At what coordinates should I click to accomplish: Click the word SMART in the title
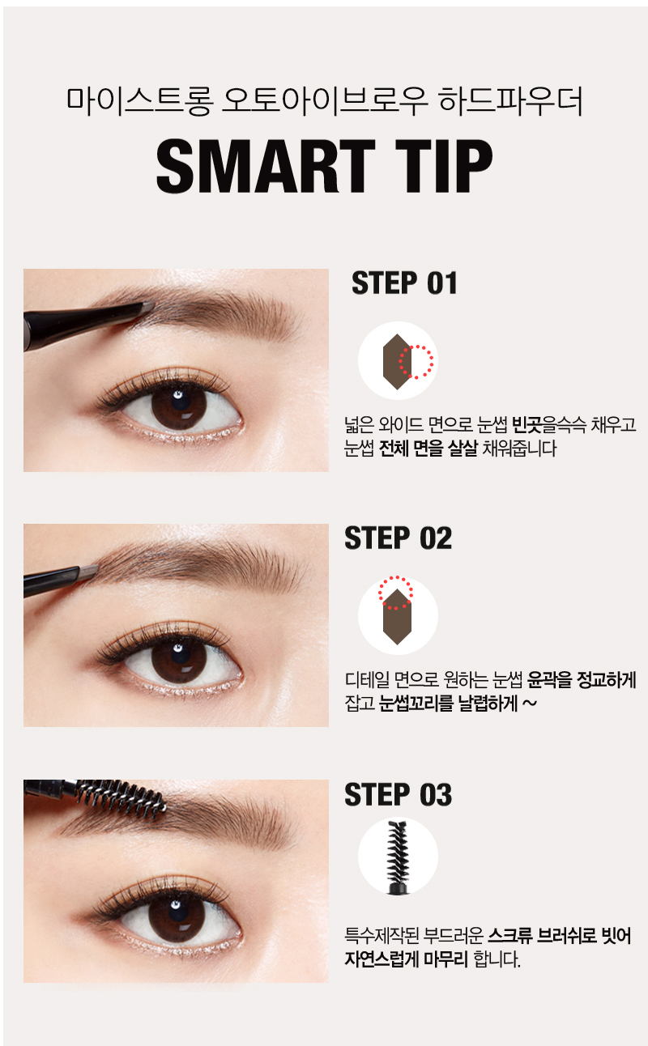(266, 166)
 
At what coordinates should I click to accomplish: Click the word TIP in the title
(444, 166)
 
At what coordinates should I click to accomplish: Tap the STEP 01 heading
(404, 283)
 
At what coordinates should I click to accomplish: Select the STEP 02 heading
(398, 538)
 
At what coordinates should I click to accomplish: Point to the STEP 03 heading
(398, 794)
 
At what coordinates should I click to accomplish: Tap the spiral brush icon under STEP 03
(397, 857)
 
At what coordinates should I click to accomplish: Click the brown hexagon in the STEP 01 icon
(397, 361)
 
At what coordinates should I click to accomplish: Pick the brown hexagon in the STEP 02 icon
(397, 616)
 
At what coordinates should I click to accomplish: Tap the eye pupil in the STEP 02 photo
(179, 656)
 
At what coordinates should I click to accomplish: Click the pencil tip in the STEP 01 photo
(147, 308)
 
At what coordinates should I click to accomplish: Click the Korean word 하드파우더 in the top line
(510, 101)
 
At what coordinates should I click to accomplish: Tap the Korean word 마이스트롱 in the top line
(139, 101)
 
